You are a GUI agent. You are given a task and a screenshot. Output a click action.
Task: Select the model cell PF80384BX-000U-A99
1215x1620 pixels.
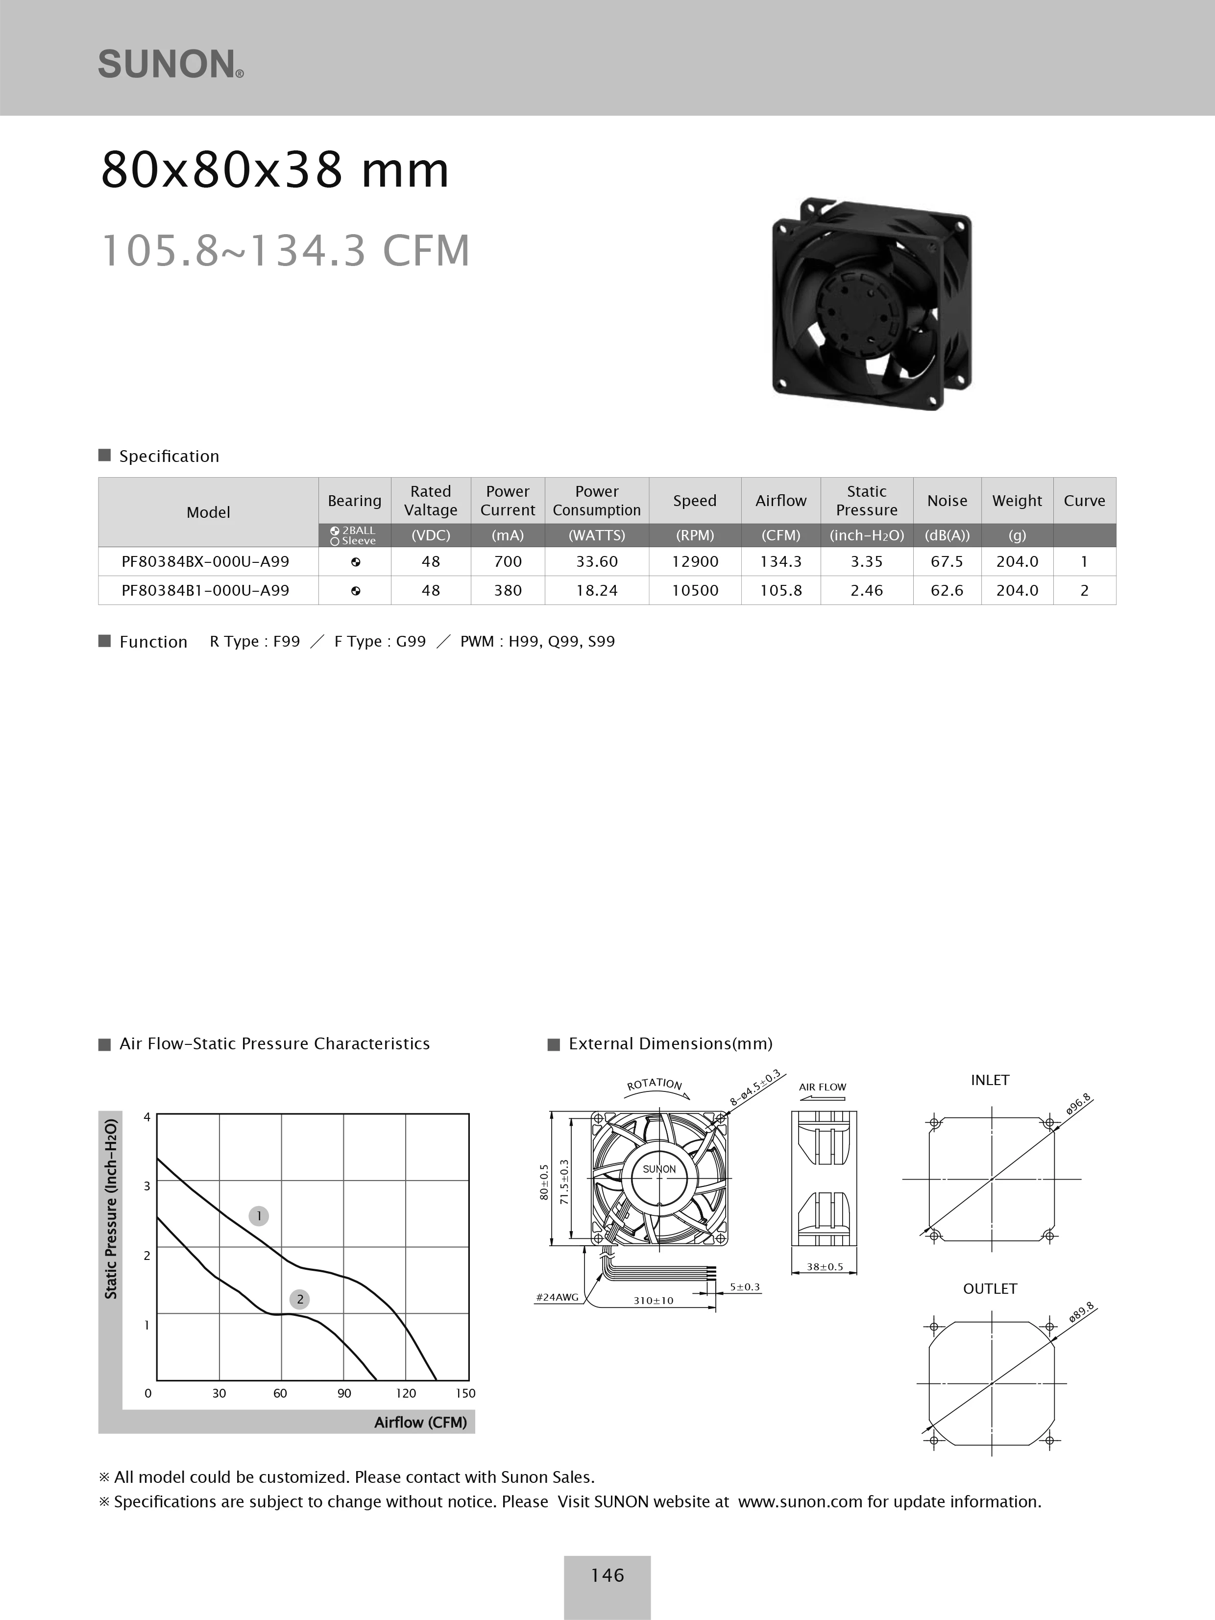click(205, 562)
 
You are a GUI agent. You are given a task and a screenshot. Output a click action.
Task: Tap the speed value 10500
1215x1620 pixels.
click(694, 590)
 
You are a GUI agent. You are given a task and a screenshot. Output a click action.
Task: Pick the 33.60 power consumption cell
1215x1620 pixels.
click(596, 562)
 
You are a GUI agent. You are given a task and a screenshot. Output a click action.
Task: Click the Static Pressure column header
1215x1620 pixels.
click(866, 501)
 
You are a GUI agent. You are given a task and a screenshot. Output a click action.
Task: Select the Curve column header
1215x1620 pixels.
click(1084, 501)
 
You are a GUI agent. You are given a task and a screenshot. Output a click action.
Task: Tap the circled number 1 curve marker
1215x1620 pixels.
click(259, 1216)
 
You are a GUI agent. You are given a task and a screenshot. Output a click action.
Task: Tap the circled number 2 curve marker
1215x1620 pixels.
click(299, 1299)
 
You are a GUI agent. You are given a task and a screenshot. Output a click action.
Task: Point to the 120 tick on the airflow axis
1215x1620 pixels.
click(405, 1393)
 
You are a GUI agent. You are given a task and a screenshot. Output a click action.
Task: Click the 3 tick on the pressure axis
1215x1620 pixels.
click(146, 1185)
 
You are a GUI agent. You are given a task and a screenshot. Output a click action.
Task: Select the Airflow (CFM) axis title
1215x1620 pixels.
click(420, 1422)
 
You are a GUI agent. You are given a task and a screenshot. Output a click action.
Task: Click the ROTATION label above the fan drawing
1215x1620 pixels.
click(654, 1084)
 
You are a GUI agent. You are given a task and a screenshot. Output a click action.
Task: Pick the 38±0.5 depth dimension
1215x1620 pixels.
click(825, 1266)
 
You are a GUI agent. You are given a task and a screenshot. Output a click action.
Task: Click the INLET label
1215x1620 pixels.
click(990, 1080)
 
